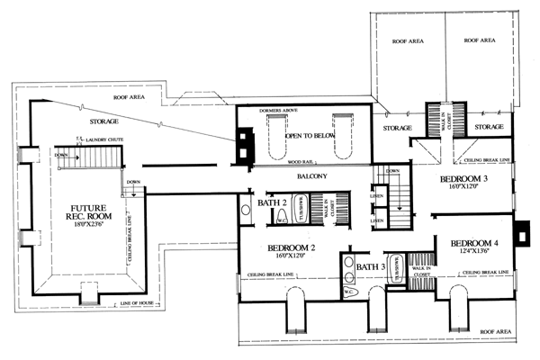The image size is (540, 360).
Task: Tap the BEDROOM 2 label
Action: pyautogui.click(x=290, y=247)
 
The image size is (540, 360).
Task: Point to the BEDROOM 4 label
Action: pyautogui.click(x=474, y=243)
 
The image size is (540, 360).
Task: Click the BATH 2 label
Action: pyautogui.click(x=272, y=203)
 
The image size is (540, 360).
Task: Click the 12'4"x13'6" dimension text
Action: pyautogui.click(x=473, y=254)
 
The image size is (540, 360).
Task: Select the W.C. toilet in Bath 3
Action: pyautogui.click(x=350, y=292)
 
